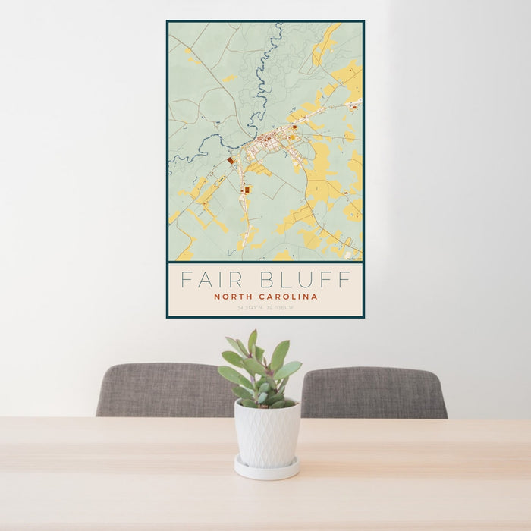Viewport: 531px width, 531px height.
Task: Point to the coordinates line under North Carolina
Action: point(265,309)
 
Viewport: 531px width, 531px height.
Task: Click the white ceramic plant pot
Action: point(266,433)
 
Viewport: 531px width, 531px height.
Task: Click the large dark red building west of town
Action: point(231,161)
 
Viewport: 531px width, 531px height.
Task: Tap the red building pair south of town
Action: point(247,189)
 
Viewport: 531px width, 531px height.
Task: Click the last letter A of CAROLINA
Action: point(315,297)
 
